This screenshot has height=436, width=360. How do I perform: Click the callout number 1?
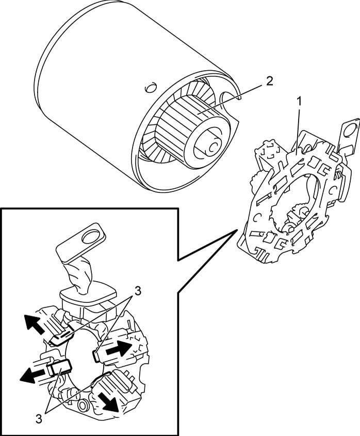(299, 102)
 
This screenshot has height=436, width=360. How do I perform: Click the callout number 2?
(269, 80)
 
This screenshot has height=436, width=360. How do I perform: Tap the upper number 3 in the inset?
(137, 292)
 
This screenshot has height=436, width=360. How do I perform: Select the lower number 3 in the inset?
(39, 419)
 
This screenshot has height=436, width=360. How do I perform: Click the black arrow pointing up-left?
(34, 324)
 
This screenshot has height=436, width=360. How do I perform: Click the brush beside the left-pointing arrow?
(60, 367)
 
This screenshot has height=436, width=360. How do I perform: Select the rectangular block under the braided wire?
(88, 298)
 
